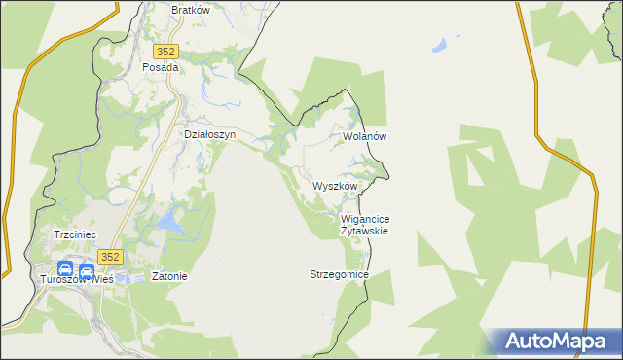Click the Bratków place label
[191, 10]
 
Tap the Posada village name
[161, 68]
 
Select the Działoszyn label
[210, 135]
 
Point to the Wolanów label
[365, 137]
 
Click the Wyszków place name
[336, 186]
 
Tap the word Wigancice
[366, 220]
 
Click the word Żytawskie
[365, 232]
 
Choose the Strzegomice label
[339, 275]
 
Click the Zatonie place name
[168, 276]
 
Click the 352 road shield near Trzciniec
[110, 256]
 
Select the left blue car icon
[65, 270]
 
